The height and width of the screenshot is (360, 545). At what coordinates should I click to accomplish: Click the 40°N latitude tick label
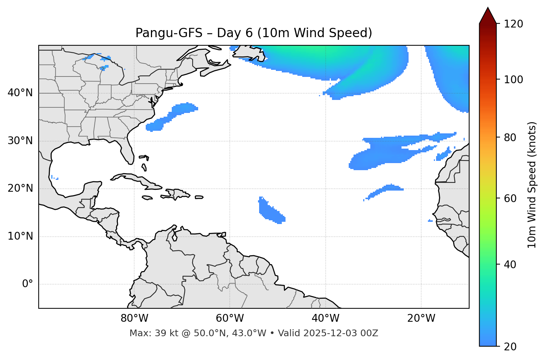click(x=20, y=93)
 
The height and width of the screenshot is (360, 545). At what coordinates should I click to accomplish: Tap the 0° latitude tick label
click(x=28, y=284)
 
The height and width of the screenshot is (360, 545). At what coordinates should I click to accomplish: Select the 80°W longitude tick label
click(x=134, y=318)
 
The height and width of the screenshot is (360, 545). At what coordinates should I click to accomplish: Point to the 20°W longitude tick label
click(x=421, y=318)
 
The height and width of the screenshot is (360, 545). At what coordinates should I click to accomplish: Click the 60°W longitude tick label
click(x=230, y=318)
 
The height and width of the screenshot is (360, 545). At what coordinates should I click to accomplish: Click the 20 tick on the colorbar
click(x=510, y=347)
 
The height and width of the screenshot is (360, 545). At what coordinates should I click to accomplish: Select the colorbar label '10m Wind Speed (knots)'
click(x=532, y=185)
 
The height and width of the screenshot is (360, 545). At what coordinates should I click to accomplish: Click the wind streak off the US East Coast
click(x=172, y=116)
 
